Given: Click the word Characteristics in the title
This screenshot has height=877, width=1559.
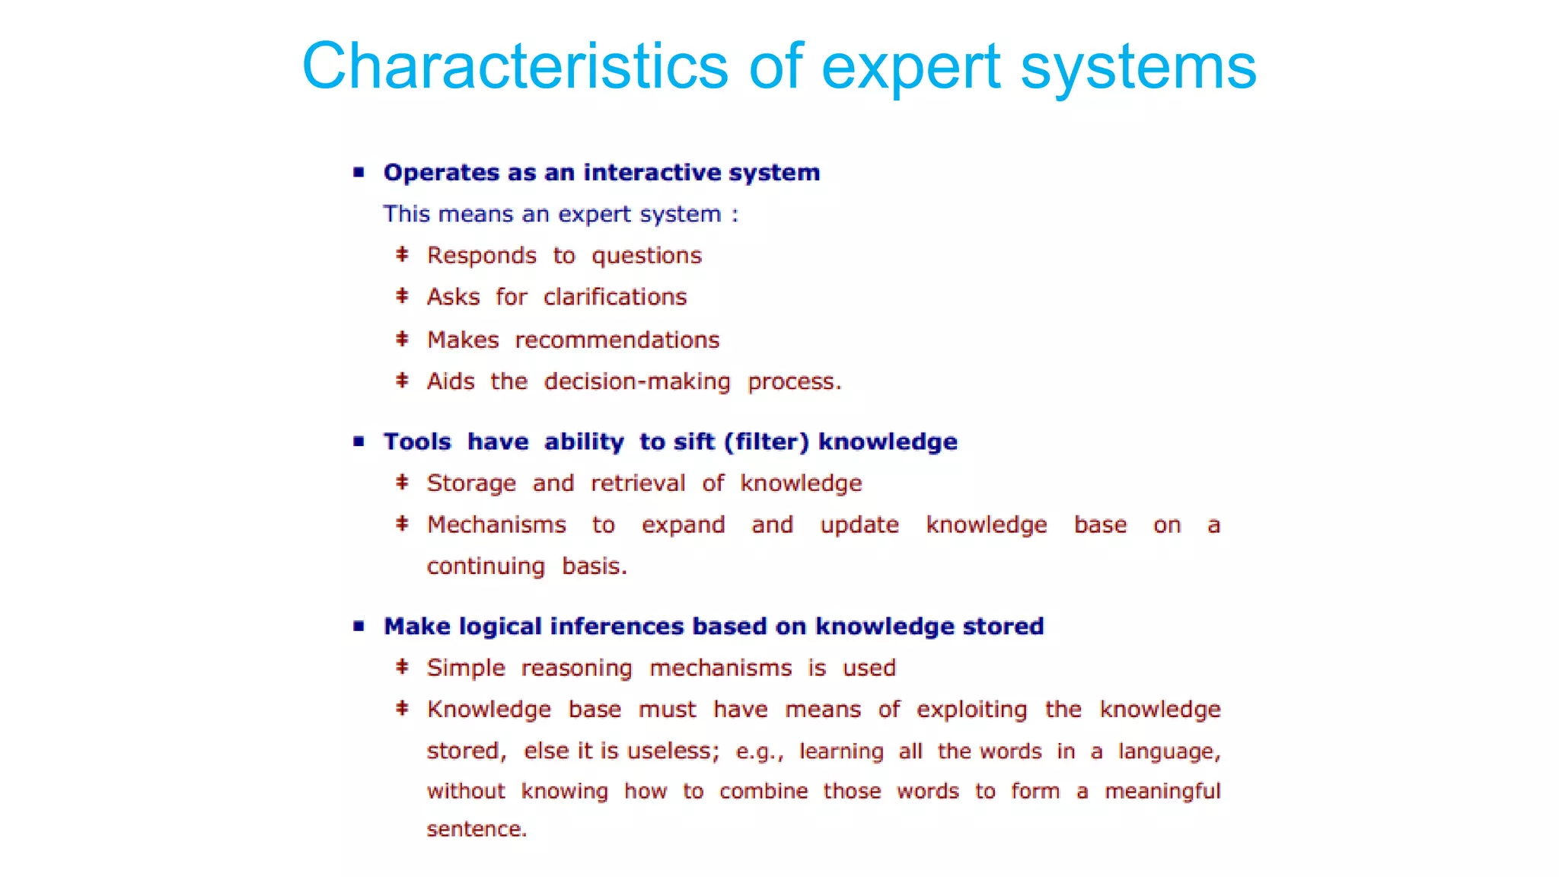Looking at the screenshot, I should tap(515, 67).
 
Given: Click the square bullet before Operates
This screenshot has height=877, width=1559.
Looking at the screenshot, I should tap(359, 172).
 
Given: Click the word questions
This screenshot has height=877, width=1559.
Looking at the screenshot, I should tap(646, 256).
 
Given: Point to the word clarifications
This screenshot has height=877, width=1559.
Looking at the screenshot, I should tap(615, 297).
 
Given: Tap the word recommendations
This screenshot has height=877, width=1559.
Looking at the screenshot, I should tap(617, 340).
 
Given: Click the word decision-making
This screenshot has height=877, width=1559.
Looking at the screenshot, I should tap(636, 381).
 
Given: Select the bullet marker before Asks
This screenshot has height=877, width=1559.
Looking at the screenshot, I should tap(403, 296).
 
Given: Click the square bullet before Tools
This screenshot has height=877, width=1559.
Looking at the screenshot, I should tap(359, 442).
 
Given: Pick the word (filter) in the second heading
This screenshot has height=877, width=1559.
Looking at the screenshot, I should tap(766, 442).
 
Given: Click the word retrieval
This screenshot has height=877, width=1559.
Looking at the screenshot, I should tap(638, 483).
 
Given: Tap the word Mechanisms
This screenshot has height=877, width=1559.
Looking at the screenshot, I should tap(496, 525).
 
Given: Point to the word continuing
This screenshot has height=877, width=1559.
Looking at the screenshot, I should tap(486, 567).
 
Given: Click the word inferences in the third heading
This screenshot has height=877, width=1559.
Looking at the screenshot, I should tap(617, 627).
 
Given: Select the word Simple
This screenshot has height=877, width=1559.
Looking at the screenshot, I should tap(466, 668).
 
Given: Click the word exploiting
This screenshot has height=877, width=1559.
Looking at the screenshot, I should tap(971, 710).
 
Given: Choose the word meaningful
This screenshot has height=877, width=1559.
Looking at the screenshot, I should tap(1162, 792).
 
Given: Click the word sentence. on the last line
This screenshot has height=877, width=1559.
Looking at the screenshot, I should tap(477, 829).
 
